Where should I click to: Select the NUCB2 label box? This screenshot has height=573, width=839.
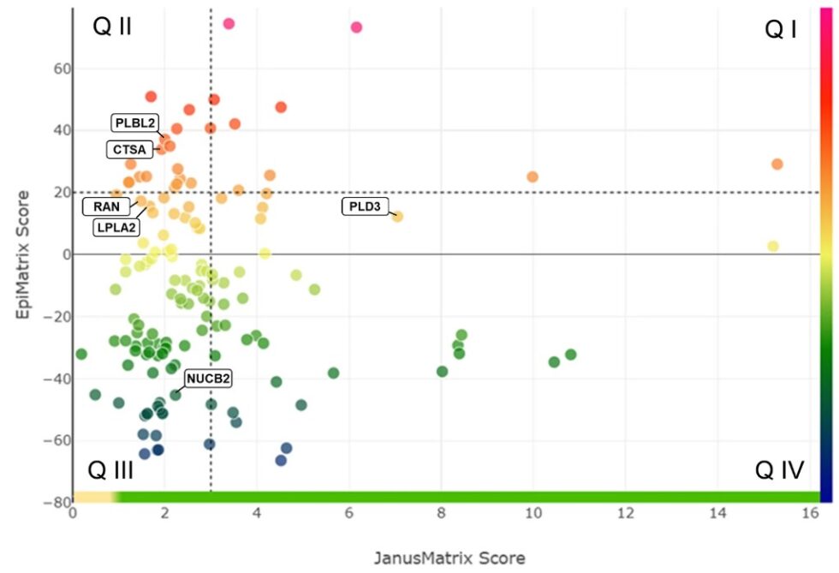(209, 378)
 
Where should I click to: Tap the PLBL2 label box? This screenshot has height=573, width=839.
(135, 122)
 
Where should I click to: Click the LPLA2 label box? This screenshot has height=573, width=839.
(117, 227)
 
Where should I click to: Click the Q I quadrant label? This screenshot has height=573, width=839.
(781, 30)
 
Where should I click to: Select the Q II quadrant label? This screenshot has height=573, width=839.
(112, 27)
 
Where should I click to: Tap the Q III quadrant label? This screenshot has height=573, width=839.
(110, 470)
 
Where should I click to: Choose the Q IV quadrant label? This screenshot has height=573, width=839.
(778, 469)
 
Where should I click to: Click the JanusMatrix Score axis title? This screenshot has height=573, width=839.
(449, 558)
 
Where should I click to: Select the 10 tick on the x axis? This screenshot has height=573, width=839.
(533, 514)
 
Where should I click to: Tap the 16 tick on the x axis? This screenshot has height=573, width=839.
(808, 514)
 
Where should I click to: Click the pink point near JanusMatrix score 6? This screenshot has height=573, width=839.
(356, 27)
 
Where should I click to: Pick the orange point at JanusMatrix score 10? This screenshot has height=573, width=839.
(533, 176)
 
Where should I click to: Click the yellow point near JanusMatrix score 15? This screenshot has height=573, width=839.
(773, 246)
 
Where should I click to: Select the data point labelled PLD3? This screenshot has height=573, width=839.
(397, 217)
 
